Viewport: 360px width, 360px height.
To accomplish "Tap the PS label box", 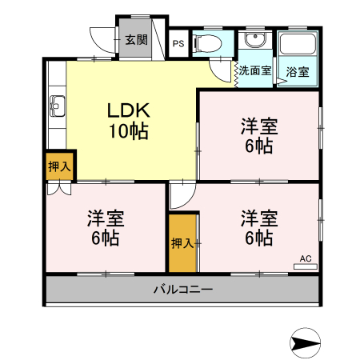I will click(x=178, y=44).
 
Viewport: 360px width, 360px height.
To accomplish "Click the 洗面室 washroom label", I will click(x=256, y=70).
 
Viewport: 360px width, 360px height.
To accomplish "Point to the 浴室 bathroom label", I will click(x=298, y=70).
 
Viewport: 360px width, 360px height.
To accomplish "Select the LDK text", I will click(x=129, y=111).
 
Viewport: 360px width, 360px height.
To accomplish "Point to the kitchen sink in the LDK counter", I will click(x=57, y=103).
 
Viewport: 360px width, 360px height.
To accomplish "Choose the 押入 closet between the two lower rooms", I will click(x=182, y=242).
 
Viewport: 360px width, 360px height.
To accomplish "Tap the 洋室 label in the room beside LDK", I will click(x=259, y=126).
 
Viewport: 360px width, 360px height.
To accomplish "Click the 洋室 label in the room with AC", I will click(x=259, y=218).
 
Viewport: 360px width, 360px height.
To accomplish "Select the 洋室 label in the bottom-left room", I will click(x=106, y=218).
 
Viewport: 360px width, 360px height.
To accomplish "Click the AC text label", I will click(x=305, y=258).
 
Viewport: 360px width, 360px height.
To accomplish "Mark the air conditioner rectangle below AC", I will click(x=305, y=266).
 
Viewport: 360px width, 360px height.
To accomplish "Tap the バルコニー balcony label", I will click(x=182, y=290).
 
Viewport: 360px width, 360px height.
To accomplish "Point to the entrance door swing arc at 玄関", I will click(x=100, y=38).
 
